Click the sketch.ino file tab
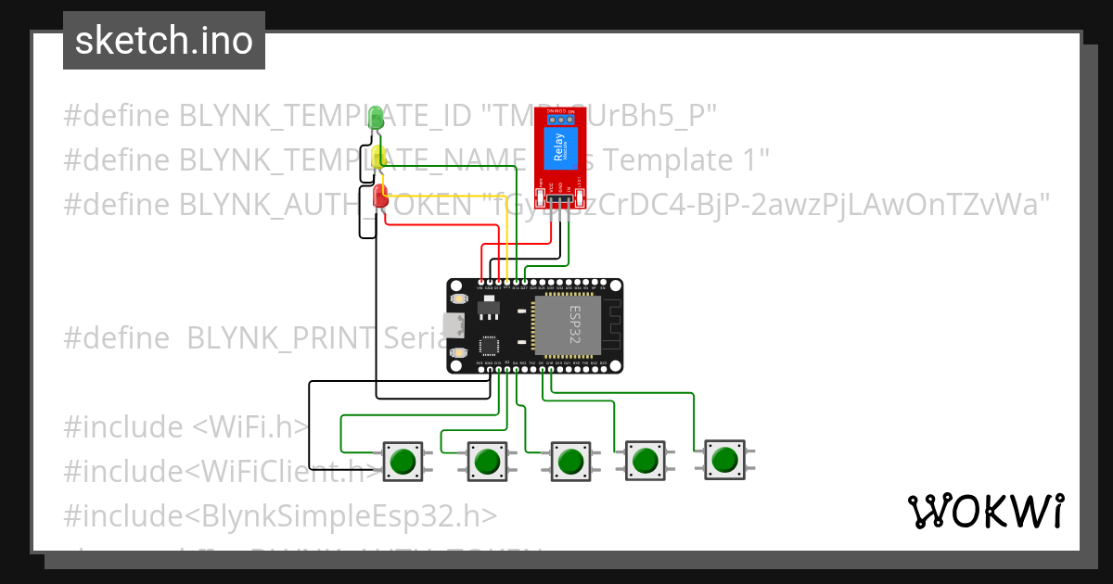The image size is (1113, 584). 163,41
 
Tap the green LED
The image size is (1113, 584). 376,117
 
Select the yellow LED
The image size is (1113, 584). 378,157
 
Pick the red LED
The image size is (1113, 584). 380,196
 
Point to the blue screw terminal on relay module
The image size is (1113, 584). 558,119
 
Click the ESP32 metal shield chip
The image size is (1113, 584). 568,325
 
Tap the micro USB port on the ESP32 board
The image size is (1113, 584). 454,326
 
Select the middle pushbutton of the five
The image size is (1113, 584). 570,461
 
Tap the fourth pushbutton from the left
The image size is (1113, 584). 644,460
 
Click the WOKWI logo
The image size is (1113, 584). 985,511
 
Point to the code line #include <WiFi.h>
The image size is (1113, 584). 185,427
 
